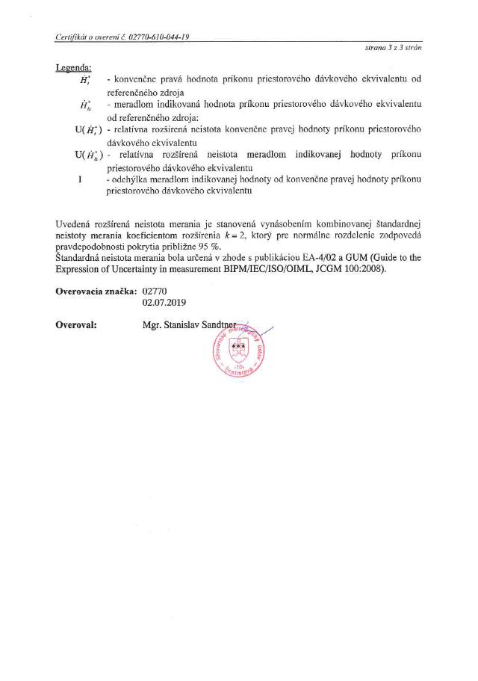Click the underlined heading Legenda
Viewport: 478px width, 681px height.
coord(73,68)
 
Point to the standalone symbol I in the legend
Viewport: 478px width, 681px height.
coord(79,179)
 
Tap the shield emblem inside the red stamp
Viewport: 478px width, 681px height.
coord(239,348)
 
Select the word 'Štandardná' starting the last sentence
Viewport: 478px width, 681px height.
coord(81,258)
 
